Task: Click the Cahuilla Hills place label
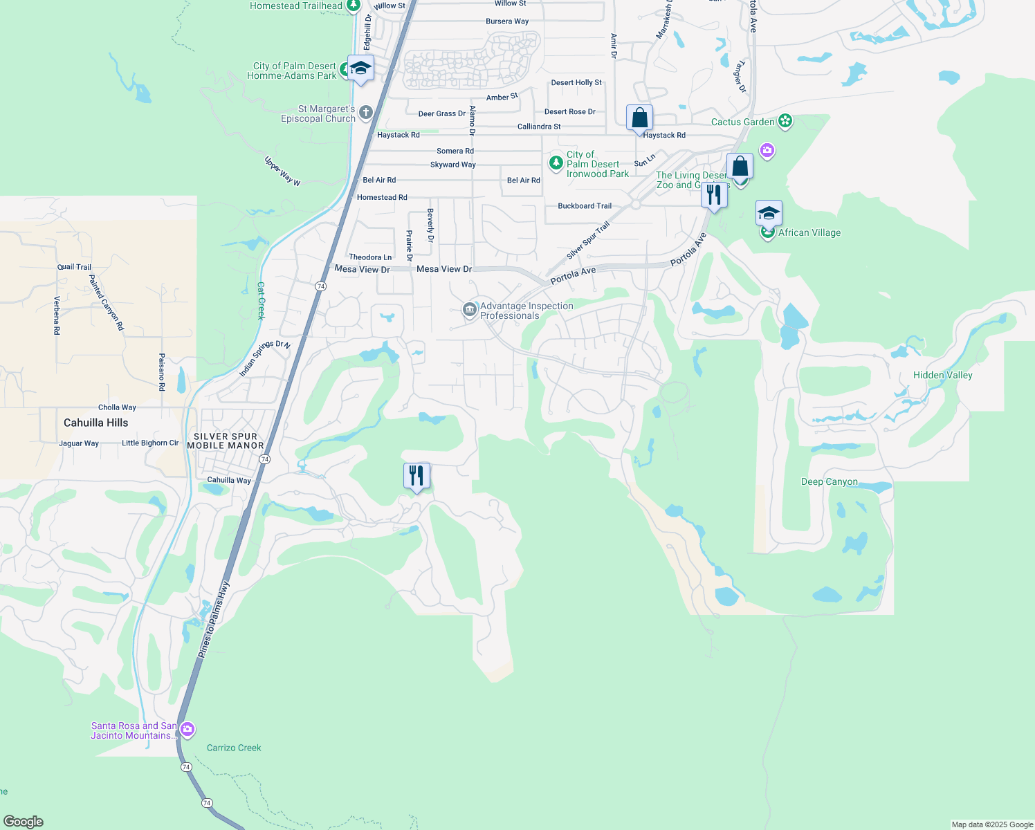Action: [x=95, y=423]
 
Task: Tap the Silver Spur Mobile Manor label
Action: [x=226, y=441]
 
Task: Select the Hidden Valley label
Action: [x=942, y=375]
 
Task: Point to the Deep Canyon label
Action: [x=829, y=481]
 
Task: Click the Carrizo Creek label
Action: [x=234, y=748]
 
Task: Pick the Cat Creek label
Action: [x=261, y=301]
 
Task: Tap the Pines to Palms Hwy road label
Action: [x=213, y=619]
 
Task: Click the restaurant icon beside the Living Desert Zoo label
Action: [x=714, y=194]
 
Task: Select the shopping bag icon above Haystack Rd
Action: [x=639, y=118]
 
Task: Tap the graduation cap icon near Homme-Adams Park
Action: [x=360, y=68]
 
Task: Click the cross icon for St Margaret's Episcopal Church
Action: [x=366, y=112]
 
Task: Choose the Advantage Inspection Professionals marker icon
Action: [x=470, y=309]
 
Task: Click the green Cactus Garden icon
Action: [x=785, y=122]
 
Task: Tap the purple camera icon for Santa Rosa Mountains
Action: [x=187, y=730]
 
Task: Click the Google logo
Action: [x=24, y=821]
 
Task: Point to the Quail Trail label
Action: [x=74, y=267]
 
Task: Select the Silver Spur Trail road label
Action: [x=588, y=241]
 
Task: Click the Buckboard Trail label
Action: [x=585, y=206]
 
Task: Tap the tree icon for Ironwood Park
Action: [x=556, y=163]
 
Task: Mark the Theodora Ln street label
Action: [x=370, y=257]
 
